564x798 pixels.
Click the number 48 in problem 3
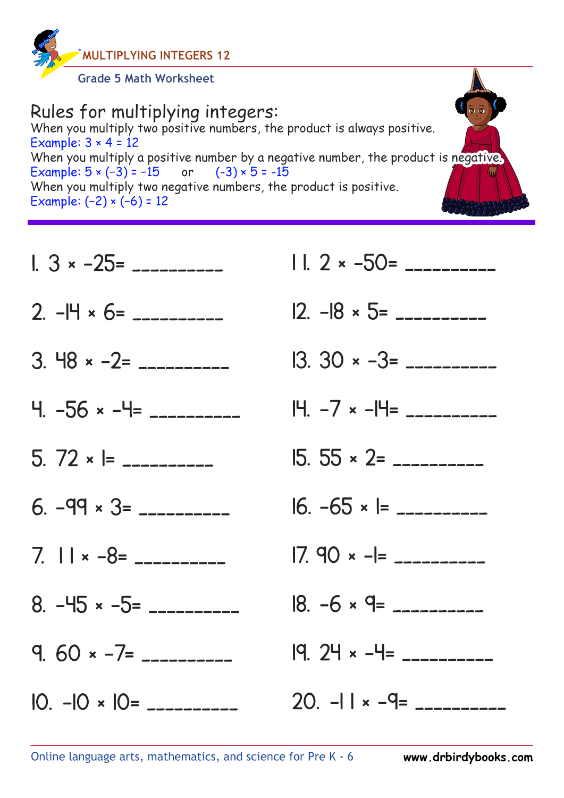(67, 361)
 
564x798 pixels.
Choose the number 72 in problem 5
(67, 459)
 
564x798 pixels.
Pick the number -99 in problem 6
(72, 507)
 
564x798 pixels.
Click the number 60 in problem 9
(68, 653)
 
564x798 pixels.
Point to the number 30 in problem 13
(332, 361)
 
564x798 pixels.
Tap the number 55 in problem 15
(330, 458)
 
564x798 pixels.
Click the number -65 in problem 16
(336, 507)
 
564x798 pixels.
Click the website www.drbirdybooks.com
(468, 757)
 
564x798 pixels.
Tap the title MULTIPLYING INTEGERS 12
(156, 55)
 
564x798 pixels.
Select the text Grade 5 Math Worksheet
(146, 79)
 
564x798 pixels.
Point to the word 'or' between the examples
(188, 172)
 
